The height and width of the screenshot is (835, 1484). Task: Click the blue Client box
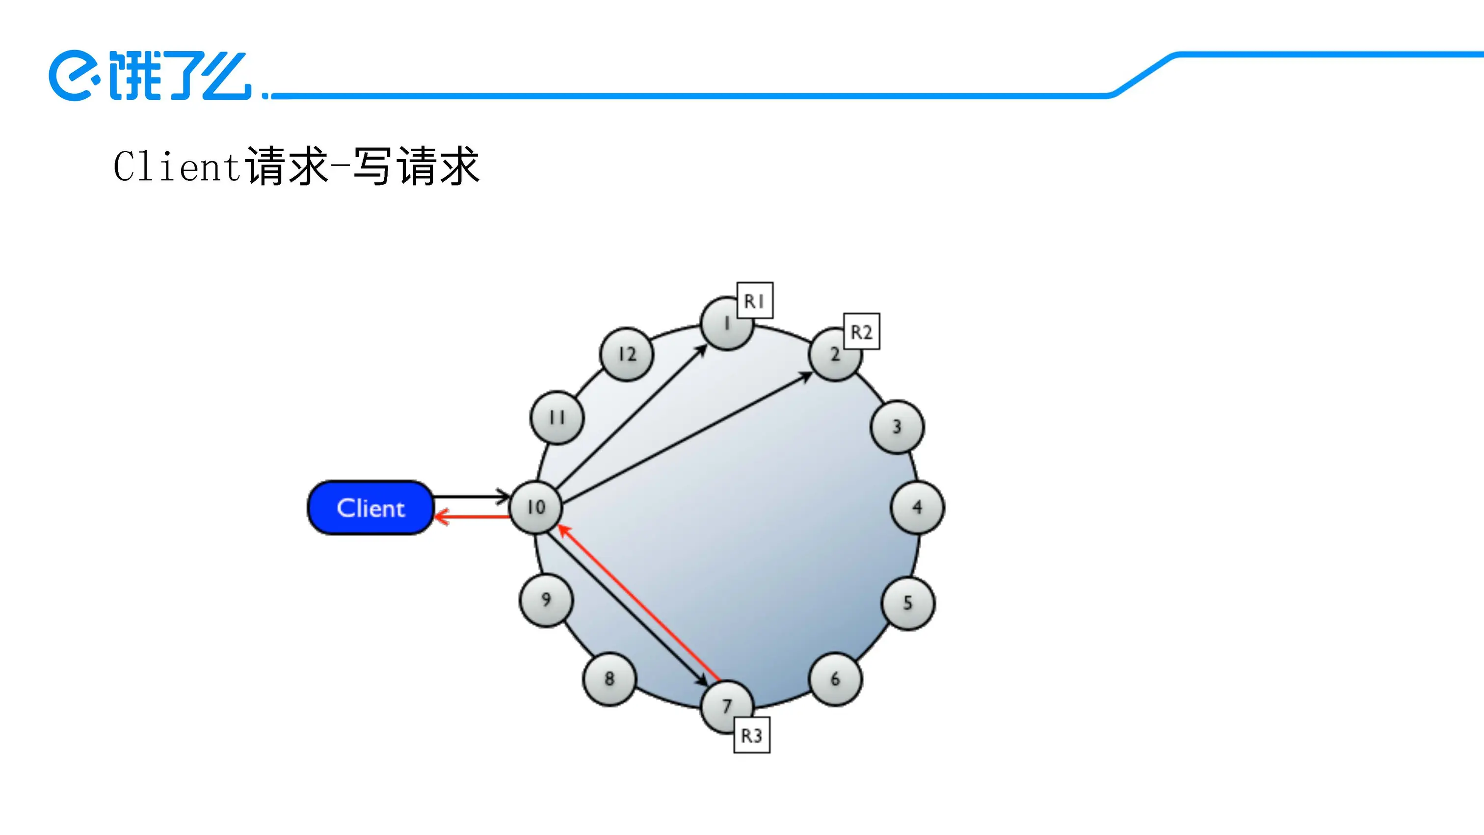(371, 508)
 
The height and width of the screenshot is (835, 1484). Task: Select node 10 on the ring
(536, 507)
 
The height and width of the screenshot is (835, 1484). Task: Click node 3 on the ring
(897, 427)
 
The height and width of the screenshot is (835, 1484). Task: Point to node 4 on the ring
(917, 507)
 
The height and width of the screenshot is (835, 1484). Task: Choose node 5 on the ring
(908, 603)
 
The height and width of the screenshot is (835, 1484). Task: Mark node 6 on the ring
(835, 679)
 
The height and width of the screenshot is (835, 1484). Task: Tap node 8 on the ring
(609, 679)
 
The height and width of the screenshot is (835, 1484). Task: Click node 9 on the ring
(546, 600)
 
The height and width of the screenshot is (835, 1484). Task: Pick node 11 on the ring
(556, 418)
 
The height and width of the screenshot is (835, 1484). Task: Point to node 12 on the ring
(627, 354)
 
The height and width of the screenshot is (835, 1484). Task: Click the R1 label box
(755, 300)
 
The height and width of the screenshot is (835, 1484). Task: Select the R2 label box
(861, 331)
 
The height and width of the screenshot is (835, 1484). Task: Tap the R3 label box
(752, 735)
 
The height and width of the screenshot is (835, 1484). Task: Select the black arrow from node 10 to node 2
(686, 438)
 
